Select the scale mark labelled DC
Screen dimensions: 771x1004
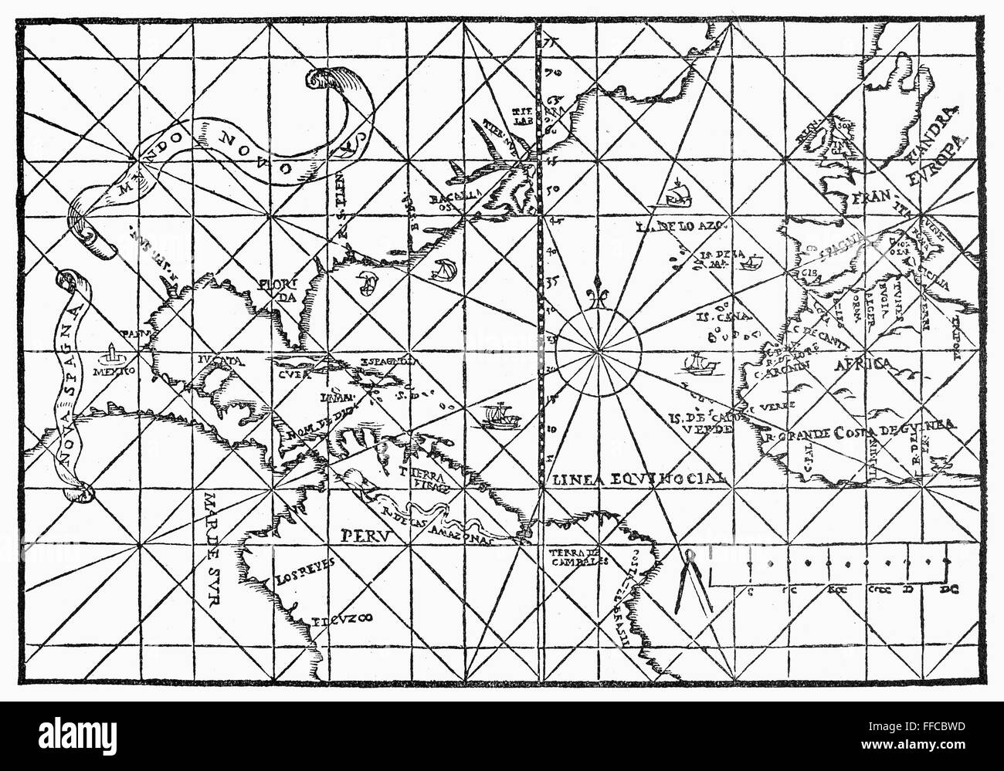point(948,591)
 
